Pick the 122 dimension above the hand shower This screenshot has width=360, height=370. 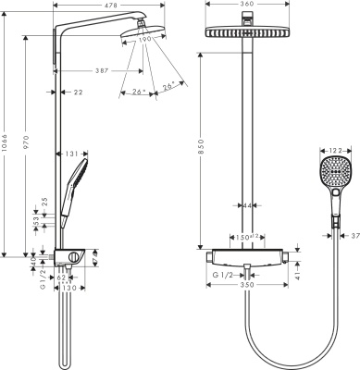coord(333,151)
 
